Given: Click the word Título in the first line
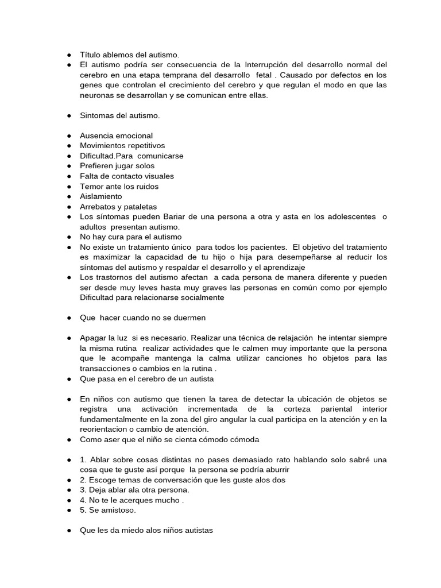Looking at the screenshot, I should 90,55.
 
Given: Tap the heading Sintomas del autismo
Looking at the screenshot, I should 119,115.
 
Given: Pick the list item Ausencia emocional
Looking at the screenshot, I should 116,136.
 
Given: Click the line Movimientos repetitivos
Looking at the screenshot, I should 122,146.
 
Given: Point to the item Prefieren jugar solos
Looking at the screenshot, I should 117,166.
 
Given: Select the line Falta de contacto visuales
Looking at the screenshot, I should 127,176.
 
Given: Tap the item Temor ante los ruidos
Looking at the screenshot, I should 119,187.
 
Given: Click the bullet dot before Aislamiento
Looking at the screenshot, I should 68,196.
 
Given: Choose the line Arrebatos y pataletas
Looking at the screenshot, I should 118,207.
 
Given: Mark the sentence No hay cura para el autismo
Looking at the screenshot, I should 131,237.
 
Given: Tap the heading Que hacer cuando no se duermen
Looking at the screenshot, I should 142,318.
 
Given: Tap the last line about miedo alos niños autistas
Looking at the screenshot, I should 146,531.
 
